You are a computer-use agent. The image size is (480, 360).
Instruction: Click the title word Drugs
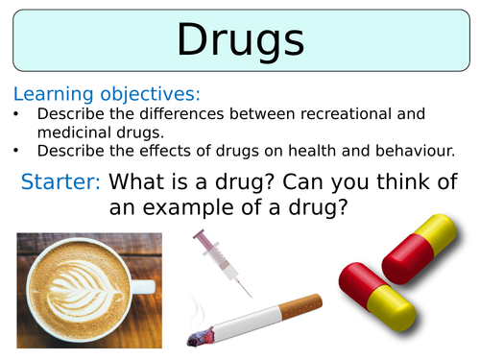click(x=241, y=40)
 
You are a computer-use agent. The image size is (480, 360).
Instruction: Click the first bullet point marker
click(x=18, y=114)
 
